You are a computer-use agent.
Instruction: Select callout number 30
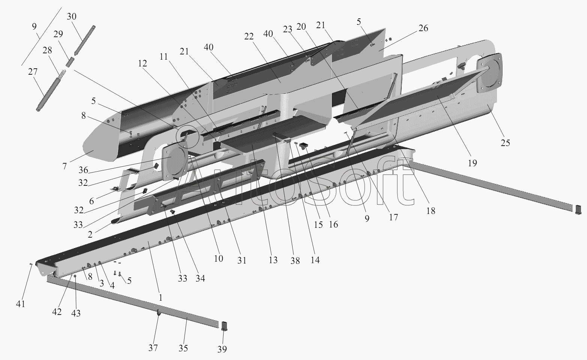pyautogui.click(x=72, y=17)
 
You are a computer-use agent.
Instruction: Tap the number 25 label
pyautogui.click(x=505, y=143)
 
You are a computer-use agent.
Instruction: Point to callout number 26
pyautogui.click(x=423, y=28)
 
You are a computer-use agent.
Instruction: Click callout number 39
pyautogui.click(x=222, y=349)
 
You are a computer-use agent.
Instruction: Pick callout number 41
pyautogui.click(x=20, y=303)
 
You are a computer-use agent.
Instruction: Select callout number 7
pyautogui.click(x=65, y=166)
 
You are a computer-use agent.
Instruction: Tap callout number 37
pyautogui.click(x=153, y=348)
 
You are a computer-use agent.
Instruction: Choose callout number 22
pyautogui.click(x=249, y=36)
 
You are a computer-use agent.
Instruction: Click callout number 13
pyautogui.click(x=273, y=260)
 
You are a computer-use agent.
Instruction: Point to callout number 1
pyautogui.click(x=161, y=298)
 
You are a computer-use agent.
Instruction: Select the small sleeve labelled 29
pyautogui.click(x=70, y=62)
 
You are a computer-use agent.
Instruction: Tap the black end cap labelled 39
pyautogui.click(x=224, y=325)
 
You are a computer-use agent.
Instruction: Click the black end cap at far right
pyautogui.click(x=578, y=209)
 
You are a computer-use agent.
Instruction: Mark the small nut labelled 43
pyautogui.click(x=75, y=277)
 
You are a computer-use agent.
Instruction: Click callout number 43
pyautogui.click(x=76, y=313)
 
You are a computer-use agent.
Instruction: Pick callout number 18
pyautogui.click(x=431, y=211)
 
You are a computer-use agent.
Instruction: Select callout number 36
pyautogui.click(x=83, y=170)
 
